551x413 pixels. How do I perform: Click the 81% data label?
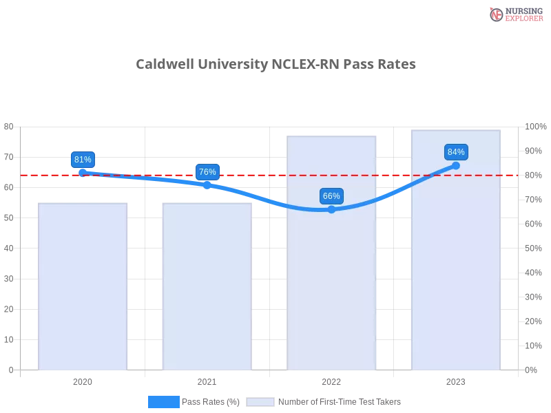click(x=83, y=160)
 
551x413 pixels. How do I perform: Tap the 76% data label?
click(x=207, y=172)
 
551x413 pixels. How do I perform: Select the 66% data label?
click(x=331, y=196)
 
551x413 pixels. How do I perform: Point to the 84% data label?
click(x=456, y=152)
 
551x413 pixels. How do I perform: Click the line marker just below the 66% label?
click(x=331, y=209)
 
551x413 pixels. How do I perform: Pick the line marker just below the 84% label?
click(x=456, y=165)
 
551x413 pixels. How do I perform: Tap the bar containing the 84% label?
click(x=455, y=275)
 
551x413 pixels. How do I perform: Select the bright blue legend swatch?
click(x=163, y=401)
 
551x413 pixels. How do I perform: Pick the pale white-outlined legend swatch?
click(x=260, y=402)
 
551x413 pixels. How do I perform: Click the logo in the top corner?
click(x=514, y=14)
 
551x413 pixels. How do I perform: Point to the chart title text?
click(x=275, y=65)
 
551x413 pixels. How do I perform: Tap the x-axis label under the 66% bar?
click(x=331, y=380)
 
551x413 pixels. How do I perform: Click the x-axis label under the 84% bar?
click(x=456, y=380)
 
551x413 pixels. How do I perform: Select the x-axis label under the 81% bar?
click(x=83, y=380)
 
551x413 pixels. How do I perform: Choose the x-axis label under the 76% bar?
click(x=207, y=380)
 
